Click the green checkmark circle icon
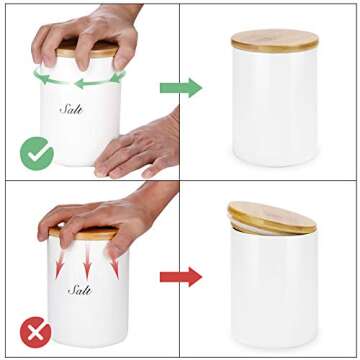pos(37,153)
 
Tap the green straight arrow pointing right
pos(181,87)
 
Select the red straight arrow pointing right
pos(181,276)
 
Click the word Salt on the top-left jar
pos(72,108)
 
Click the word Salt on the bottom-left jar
pos(81,290)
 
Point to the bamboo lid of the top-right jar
pos(275,41)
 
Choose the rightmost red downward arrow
pos(114,263)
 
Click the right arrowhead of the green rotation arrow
pos(120,75)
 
